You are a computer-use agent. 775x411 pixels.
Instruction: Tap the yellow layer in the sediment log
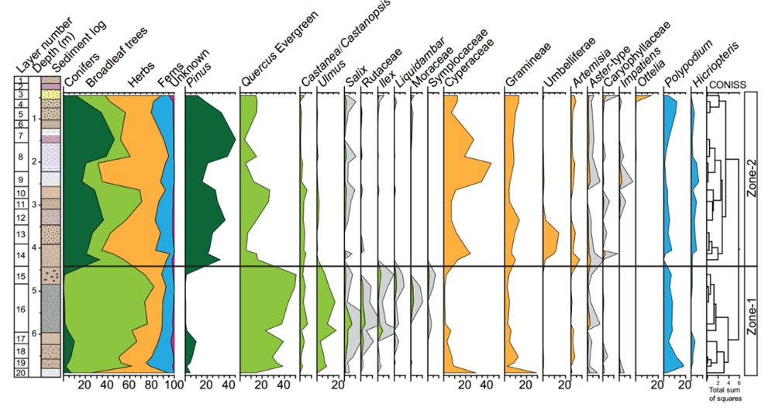click(x=51, y=94)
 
